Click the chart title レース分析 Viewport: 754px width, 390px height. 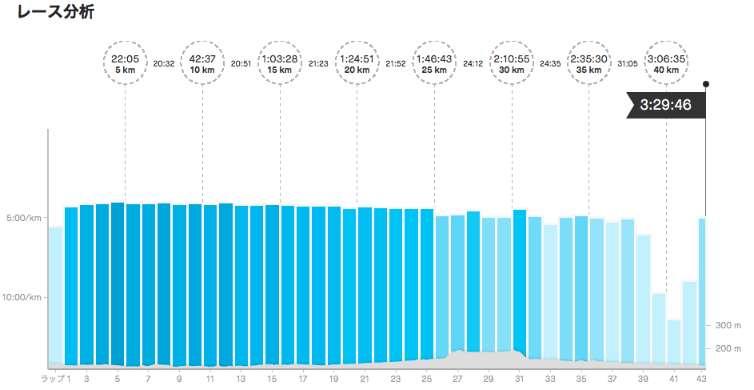click(x=50, y=14)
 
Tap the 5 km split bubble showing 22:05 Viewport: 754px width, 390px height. click(x=125, y=64)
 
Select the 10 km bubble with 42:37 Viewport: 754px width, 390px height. click(x=202, y=64)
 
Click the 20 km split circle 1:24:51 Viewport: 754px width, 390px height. click(x=357, y=64)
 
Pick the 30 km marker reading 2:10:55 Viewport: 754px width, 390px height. click(x=512, y=64)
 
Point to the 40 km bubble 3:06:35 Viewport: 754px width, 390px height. click(x=666, y=64)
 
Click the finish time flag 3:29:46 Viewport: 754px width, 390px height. click(x=664, y=105)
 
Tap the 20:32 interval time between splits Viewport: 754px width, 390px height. click(x=164, y=64)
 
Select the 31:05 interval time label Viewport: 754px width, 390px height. click(x=628, y=64)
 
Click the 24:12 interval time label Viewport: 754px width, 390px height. click(x=473, y=64)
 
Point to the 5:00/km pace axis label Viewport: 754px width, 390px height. click(x=24, y=218)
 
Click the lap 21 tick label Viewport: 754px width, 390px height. click(x=365, y=378)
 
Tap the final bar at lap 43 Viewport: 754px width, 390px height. click(x=703, y=288)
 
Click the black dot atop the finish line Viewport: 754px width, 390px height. click(x=705, y=83)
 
